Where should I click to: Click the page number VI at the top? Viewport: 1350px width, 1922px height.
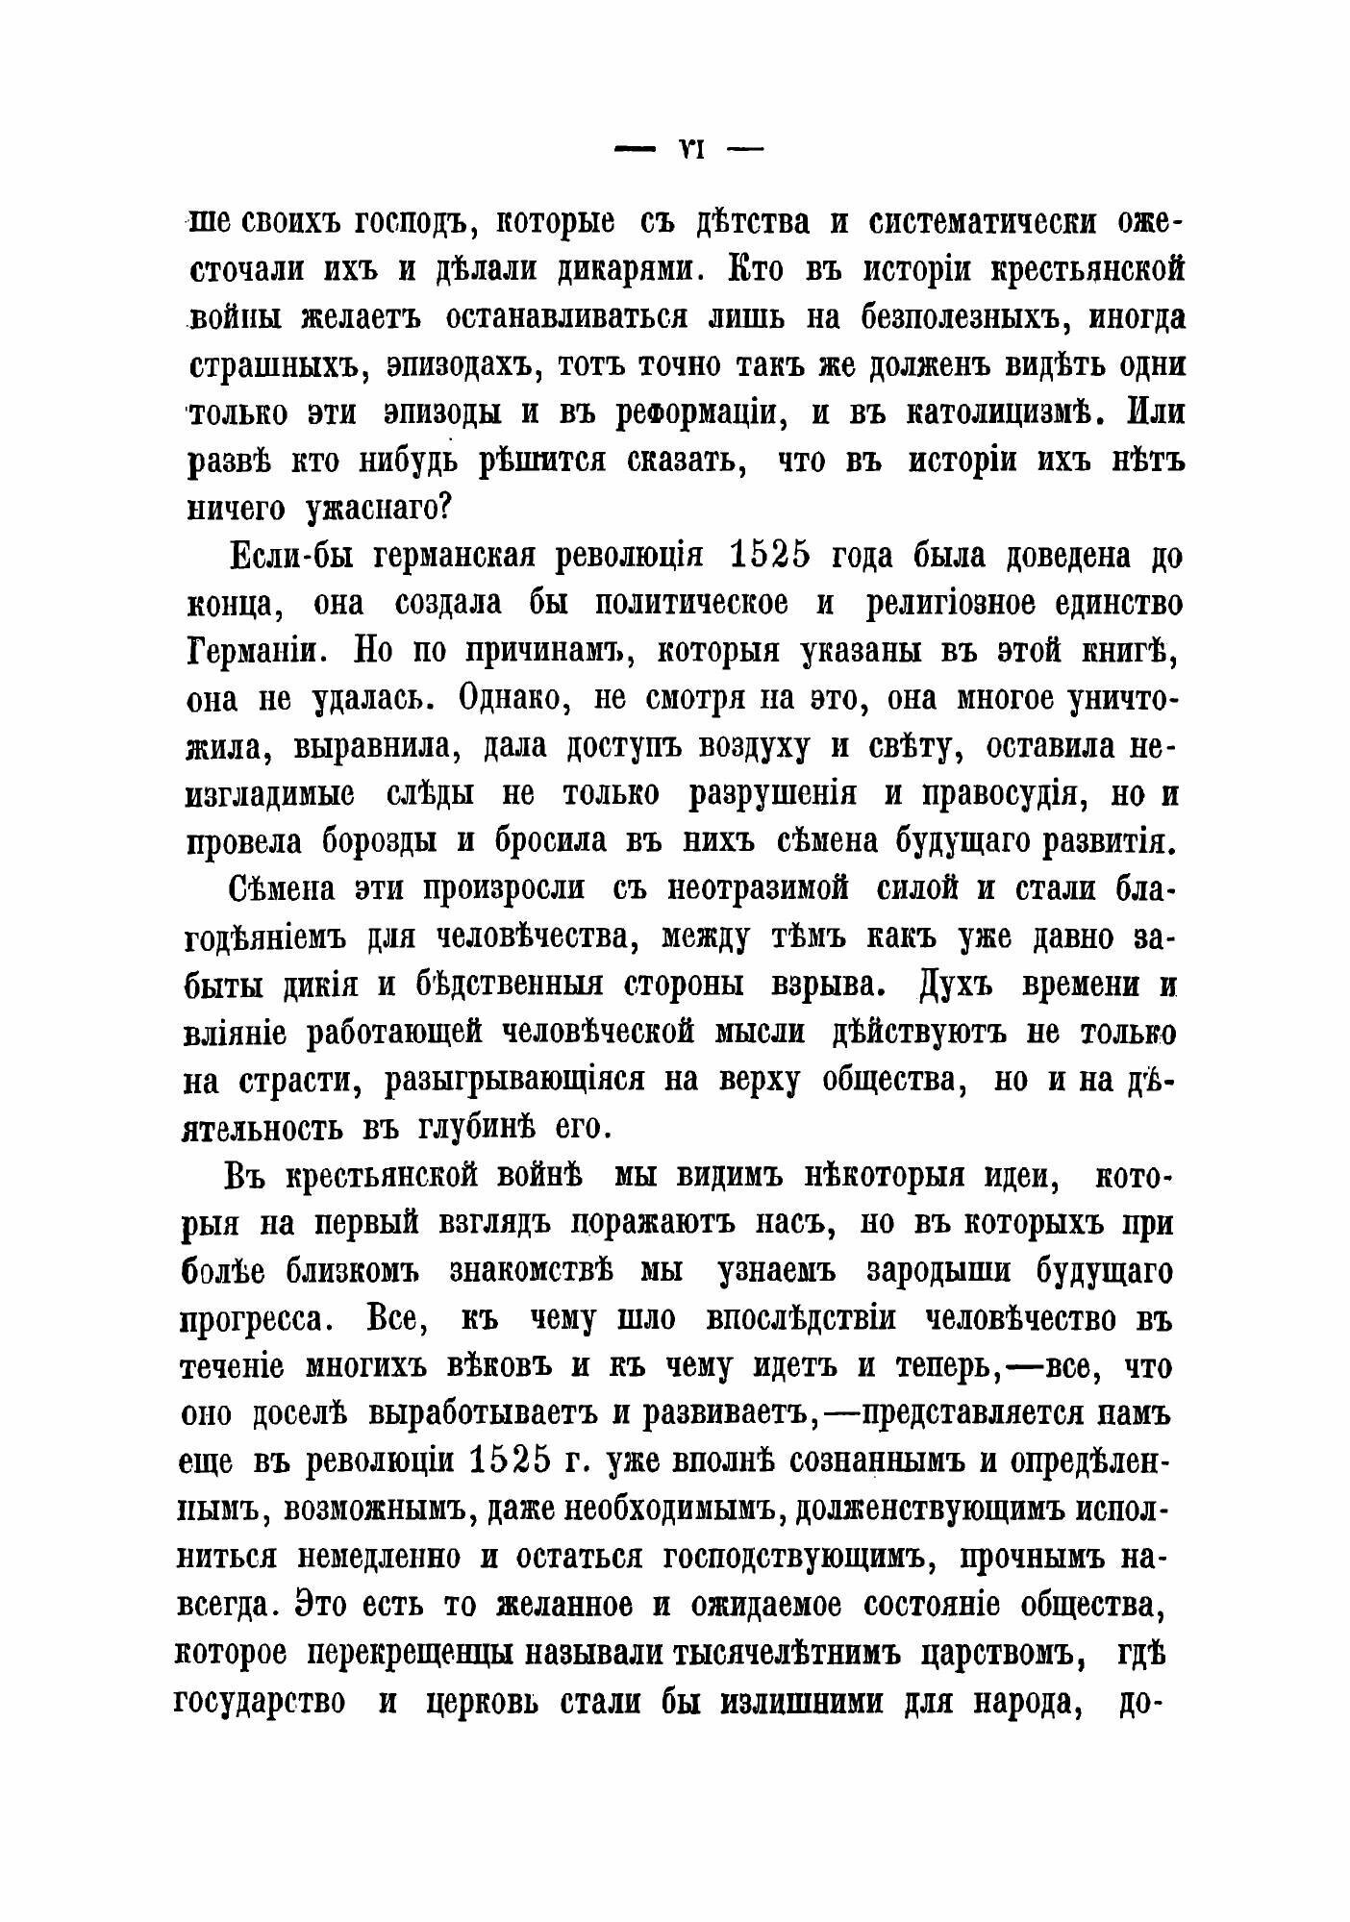click(689, 150)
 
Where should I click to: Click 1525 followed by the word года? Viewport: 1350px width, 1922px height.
click(770, 557)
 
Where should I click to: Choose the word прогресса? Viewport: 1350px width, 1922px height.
click(263, 1319)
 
